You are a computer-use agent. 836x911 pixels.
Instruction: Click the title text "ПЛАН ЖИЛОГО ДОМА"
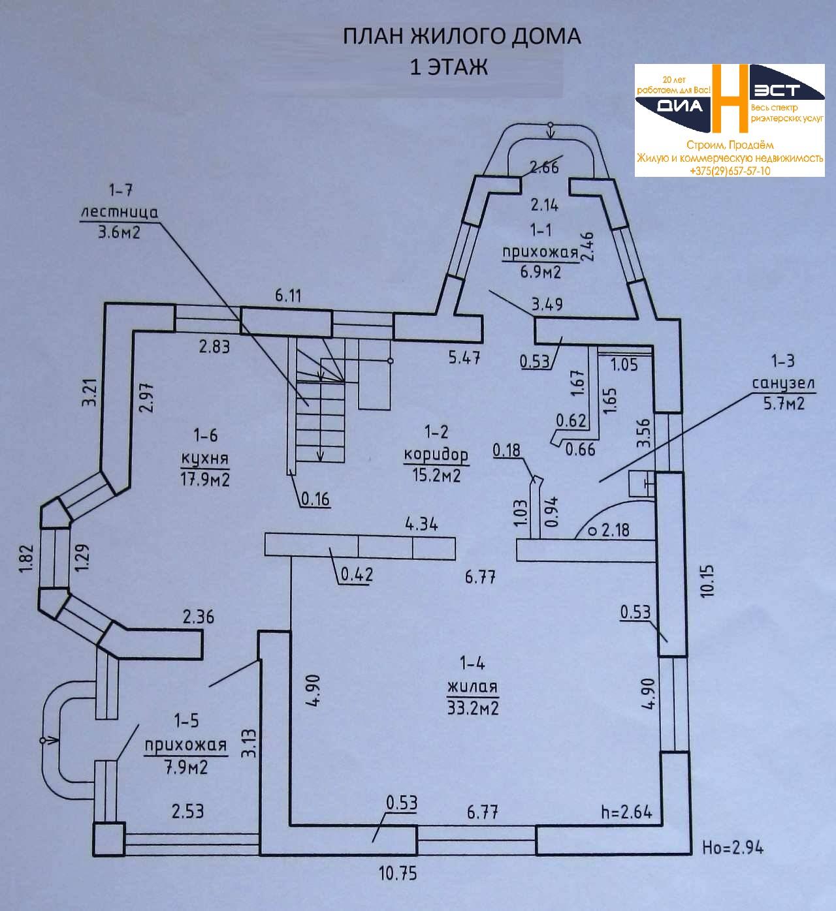click(x=462, y=37)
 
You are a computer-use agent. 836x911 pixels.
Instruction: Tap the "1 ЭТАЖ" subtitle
click(x=448, y=67)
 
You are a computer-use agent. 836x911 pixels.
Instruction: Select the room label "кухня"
click(x=205, y=456)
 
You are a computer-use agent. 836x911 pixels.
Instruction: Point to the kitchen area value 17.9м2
click(x=205, y=480)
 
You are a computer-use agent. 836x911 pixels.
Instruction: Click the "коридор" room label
click(x=436, y=454)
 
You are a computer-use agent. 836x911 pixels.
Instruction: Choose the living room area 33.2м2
click(x=473, y=707)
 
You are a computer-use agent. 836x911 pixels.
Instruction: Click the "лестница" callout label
click(x=119, y=213)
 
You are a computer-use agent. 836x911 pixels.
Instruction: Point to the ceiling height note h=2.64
click(x=626, y=812)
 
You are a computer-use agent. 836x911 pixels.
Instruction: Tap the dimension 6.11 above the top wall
click(x=288, y=296)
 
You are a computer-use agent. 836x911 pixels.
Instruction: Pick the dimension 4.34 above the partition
click(x=421, y=523)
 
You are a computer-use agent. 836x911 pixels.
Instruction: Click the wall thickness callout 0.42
click(x=357, y=575)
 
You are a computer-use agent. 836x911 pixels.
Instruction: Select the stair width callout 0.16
click(x=315, y=500)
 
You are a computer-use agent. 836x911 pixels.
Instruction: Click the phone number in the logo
click(x=729, y=171)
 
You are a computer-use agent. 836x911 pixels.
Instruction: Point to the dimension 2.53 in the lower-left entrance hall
click(x=187, y=811)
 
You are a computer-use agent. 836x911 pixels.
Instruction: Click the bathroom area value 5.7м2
click(x=784, y=405)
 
